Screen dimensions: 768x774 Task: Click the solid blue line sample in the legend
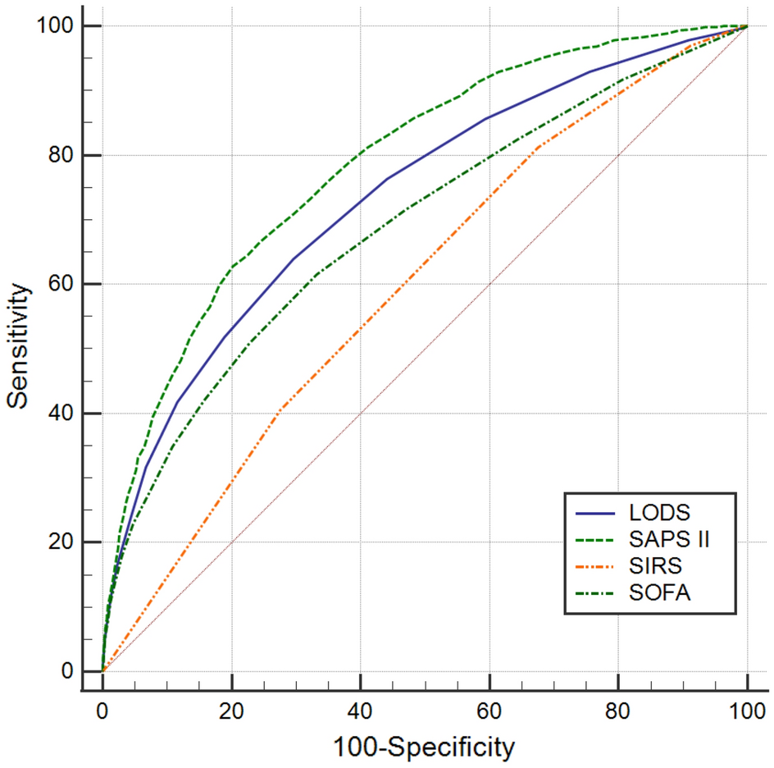(x=595, y=514)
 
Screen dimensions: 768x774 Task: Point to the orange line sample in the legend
(x=595, y=566)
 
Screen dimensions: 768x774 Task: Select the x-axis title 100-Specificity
(x=424, y=747)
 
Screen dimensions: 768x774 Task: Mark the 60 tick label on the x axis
(x=489, y=707)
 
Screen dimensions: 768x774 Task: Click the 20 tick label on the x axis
(x=231, y=707)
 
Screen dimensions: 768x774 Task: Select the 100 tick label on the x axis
(x=747, y=707)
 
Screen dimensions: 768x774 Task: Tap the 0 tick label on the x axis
(x=102, y=707)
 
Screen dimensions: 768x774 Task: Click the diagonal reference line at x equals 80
(x=618, y=155)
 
